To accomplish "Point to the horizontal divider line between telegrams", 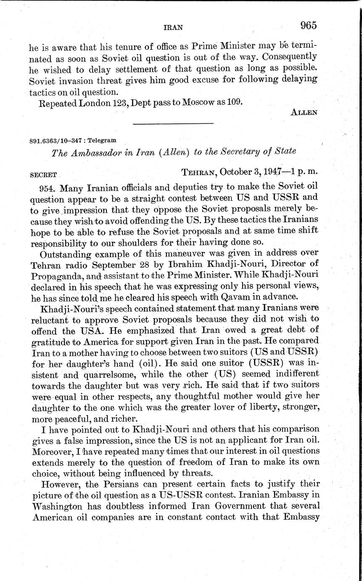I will click(173, 123).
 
